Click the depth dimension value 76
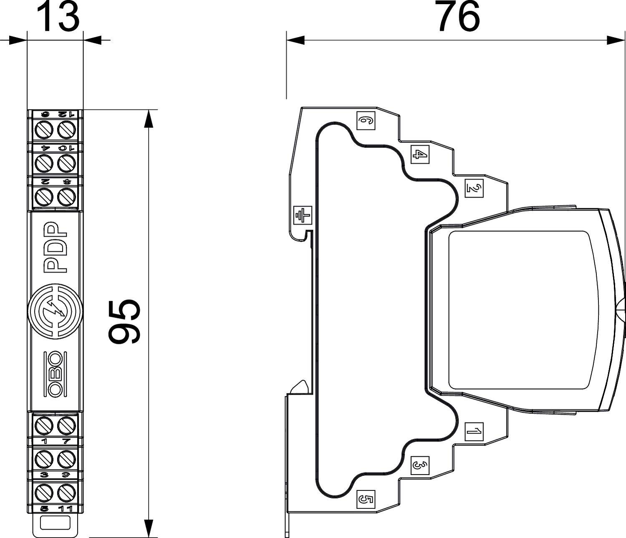point(458,17)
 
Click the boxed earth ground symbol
point(303,216)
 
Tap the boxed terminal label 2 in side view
point(474,188)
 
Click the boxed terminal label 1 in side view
point(474,431)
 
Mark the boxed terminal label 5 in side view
point(366,499)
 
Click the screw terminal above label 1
point(43,426)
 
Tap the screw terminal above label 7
point(66,426)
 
